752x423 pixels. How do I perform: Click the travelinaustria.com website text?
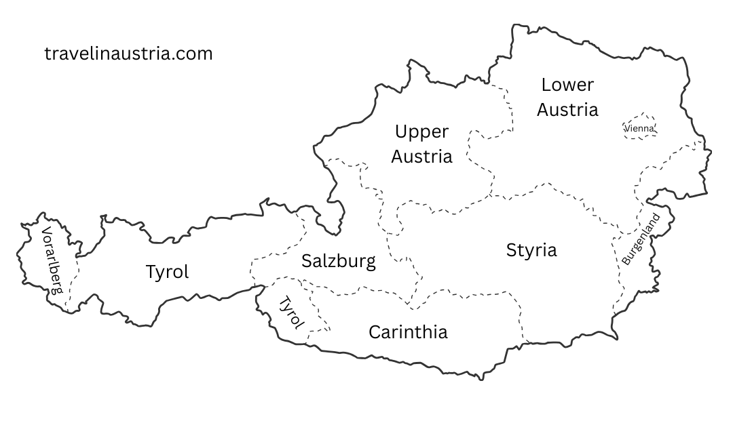coord(128,54)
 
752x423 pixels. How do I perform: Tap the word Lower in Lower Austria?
coord(567,85)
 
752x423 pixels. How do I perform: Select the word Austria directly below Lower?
coord(567,109)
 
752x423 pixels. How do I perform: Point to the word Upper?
coord(421,132)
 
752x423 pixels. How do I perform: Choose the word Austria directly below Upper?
coord(421,157)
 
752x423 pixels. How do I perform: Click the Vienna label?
coord(639,127)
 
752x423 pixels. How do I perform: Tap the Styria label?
coord(531,250)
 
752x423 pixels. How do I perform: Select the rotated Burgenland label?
coord(641,239)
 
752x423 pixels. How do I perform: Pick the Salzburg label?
coord(339,261)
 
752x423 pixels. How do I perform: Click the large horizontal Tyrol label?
coord(167,272)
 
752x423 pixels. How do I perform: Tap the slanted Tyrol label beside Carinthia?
coord(292,313)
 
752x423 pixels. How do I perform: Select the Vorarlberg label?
coord(52,260)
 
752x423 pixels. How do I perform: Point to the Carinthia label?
coord(408,332)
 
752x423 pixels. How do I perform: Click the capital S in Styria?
coord(511,250)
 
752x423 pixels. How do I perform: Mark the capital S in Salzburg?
coord(307,261)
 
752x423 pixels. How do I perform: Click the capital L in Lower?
coord(545,85)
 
